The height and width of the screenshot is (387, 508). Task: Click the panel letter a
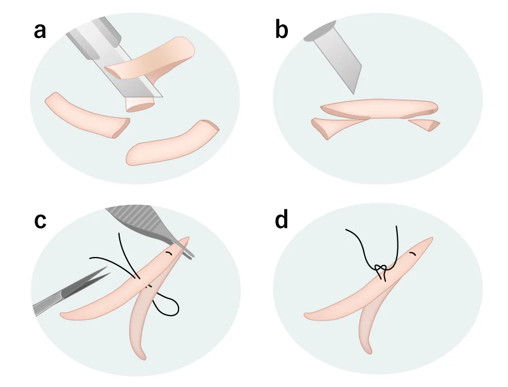coord(40,31)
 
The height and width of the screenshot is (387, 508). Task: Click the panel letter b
coord(282,29)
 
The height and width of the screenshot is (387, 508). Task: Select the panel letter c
coord(40,221)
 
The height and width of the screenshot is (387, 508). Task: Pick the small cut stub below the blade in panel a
coord(140,104)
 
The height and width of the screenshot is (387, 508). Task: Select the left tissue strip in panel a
coord(87,114)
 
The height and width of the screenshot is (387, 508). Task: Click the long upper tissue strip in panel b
coord(379,109)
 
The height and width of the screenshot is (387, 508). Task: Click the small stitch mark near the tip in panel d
coord(412,253)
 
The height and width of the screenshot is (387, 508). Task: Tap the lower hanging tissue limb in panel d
coord(370,324)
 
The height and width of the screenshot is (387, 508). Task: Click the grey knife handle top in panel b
coord(319,31)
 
